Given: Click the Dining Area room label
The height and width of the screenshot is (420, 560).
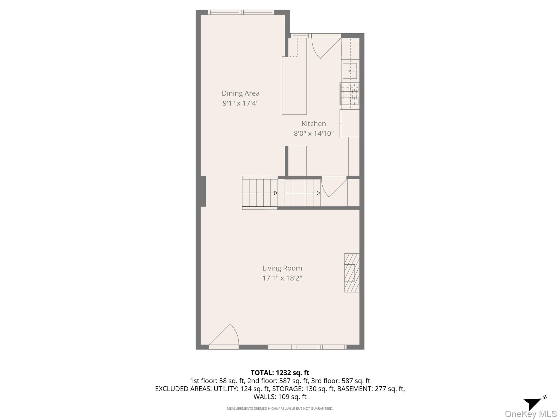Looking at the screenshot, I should coord(240,93).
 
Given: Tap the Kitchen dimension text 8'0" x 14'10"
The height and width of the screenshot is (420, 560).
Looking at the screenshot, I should coord(314,133).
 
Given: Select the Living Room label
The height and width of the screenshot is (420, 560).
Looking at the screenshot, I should coord(282,268).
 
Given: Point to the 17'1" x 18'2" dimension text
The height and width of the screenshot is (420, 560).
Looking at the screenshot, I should coord(282,278).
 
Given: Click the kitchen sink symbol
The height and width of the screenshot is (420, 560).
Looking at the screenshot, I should coord(350,71).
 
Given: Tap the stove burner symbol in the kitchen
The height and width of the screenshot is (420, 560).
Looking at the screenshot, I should coord(350,94).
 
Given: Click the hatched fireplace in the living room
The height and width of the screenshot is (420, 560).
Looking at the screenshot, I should coord(352,273).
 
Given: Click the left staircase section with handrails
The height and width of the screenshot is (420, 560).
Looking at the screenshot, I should coord(260,193).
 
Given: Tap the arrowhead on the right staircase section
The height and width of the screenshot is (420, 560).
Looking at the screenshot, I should coord(319,193).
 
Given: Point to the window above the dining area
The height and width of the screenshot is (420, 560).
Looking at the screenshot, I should coord(241,12).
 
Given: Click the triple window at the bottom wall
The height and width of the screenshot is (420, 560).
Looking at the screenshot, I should coord(307,347).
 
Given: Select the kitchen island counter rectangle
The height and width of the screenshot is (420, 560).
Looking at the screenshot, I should coord(294,85).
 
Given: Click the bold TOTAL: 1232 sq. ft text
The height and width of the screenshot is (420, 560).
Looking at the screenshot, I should coord(280,373).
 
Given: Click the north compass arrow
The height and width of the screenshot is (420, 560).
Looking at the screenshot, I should coord(533,403).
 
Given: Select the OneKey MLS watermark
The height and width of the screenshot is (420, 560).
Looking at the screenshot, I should coord(530,414).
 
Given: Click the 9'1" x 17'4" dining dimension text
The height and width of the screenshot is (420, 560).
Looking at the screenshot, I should coord(240,103).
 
